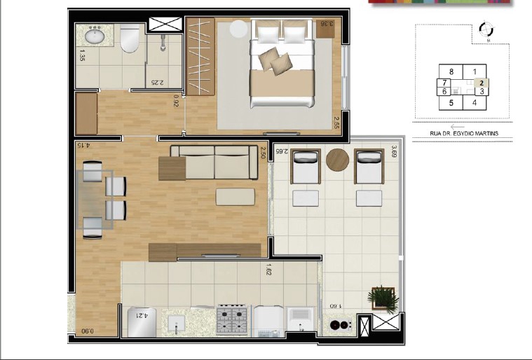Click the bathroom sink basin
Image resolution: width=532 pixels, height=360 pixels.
94,36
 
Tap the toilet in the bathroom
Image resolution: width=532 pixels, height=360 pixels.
129,41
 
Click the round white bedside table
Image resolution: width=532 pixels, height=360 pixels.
239,29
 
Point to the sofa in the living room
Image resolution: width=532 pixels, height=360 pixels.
214,162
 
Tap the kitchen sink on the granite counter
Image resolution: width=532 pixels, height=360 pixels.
175,323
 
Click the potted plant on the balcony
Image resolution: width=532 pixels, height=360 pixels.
383,298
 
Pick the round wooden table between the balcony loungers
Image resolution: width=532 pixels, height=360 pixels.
337,160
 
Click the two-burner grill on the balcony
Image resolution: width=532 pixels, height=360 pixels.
340,325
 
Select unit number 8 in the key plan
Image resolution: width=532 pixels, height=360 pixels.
452,71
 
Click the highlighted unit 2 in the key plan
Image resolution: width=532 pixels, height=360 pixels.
482,83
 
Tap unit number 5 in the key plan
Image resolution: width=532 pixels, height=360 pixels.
451,103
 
